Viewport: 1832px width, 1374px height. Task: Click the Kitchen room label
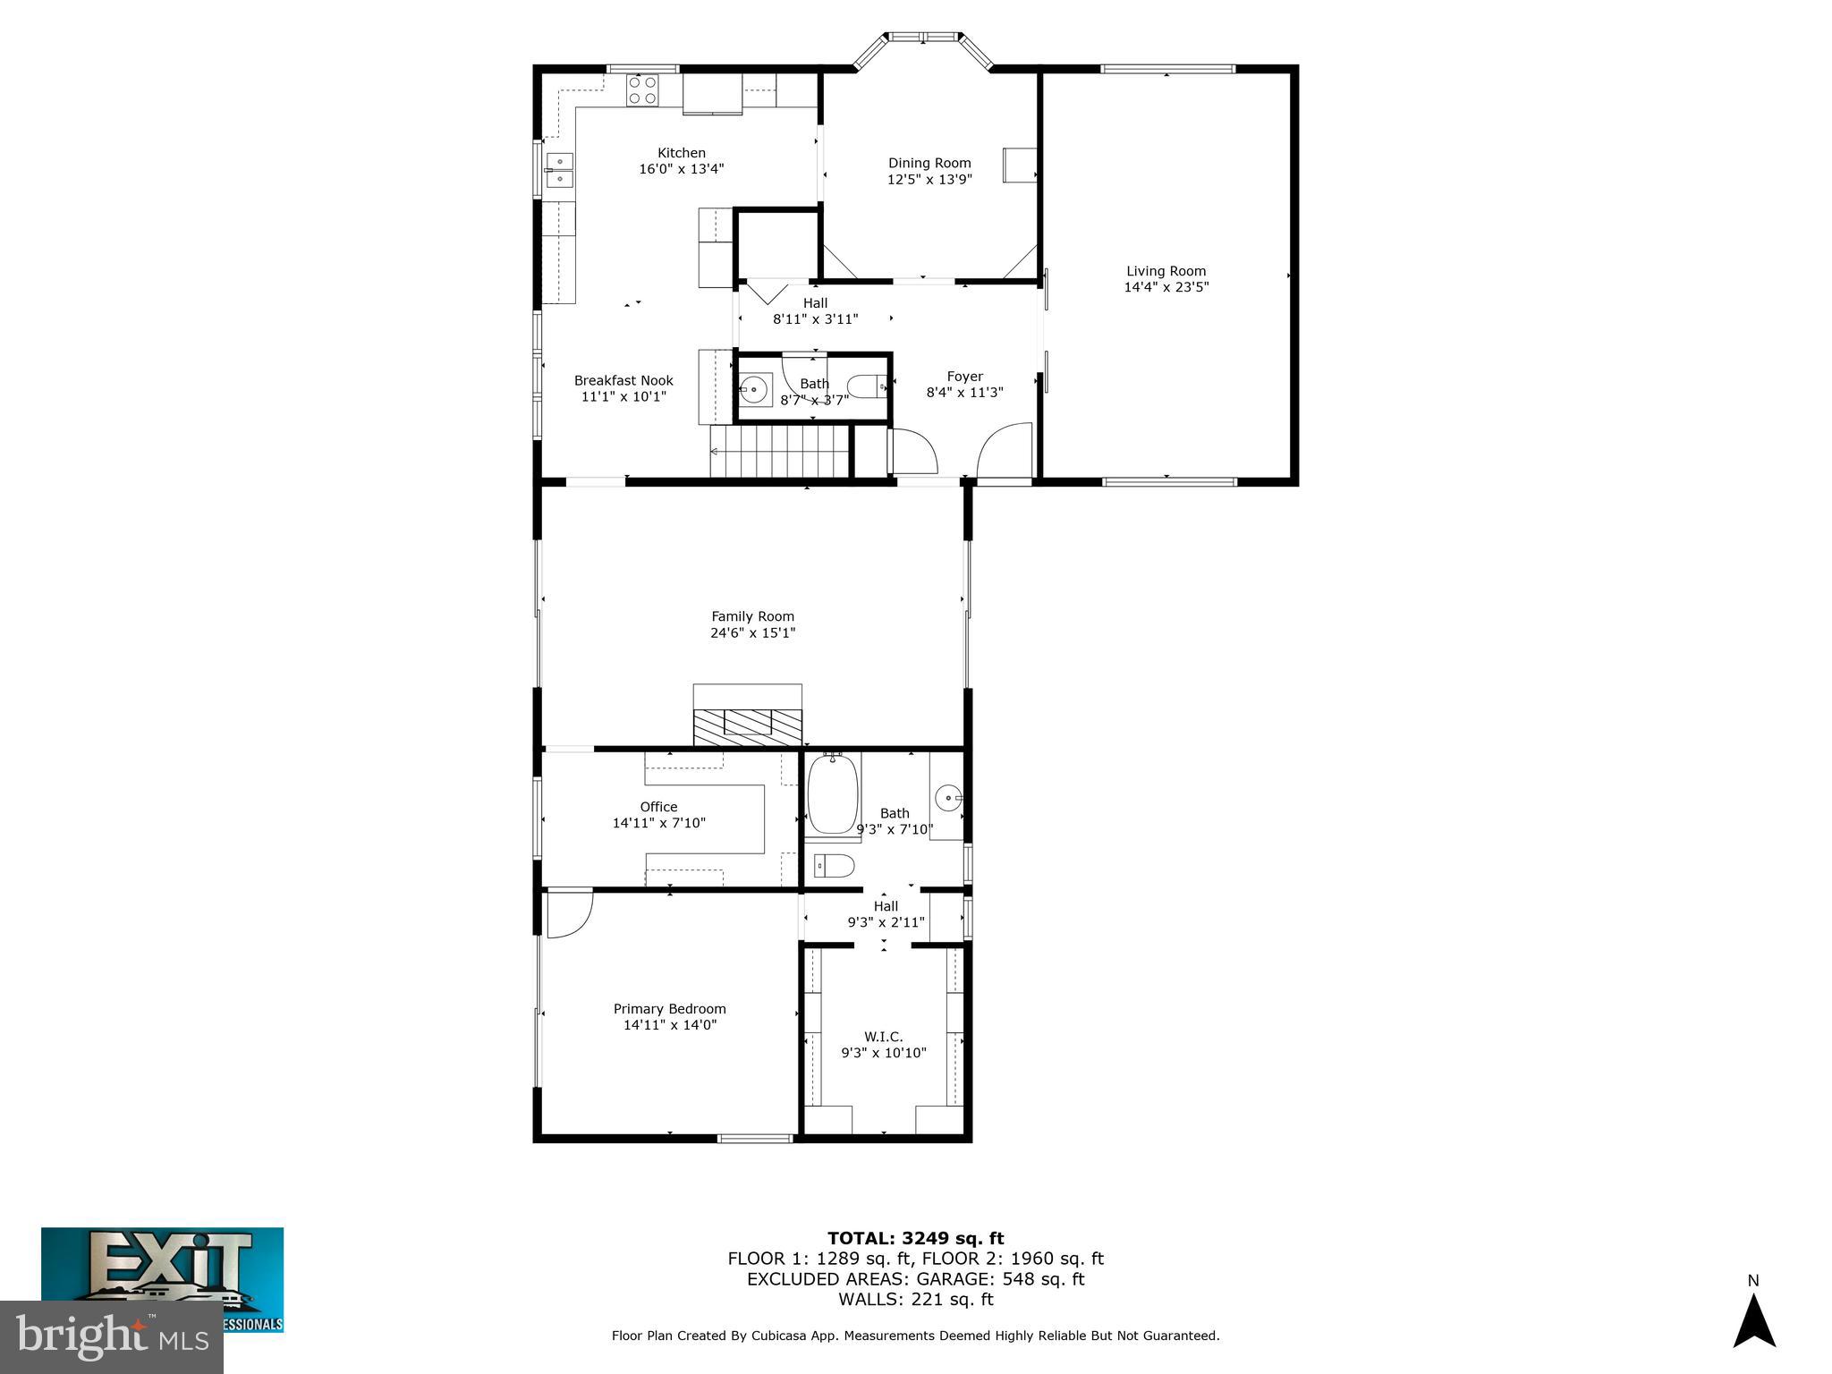[682, 153]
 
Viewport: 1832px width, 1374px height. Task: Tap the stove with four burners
[642, 90]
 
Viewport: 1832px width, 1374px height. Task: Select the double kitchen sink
[560, 170]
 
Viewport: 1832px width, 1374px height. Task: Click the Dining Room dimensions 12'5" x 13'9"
[929, 179]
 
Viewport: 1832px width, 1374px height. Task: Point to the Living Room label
[1166, 271]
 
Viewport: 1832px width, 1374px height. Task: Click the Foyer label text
[964, 377]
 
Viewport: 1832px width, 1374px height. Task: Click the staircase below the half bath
[778, 452]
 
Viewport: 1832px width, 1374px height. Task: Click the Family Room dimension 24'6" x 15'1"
[752, 632]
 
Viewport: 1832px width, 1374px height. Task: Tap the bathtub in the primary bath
[833, 794]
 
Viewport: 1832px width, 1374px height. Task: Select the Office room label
[658, 807]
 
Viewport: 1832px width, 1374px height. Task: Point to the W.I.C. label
[883, 1037]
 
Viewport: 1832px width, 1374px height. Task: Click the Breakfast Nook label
[623, 380]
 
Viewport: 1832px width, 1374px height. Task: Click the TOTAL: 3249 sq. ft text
[915, 1239]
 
